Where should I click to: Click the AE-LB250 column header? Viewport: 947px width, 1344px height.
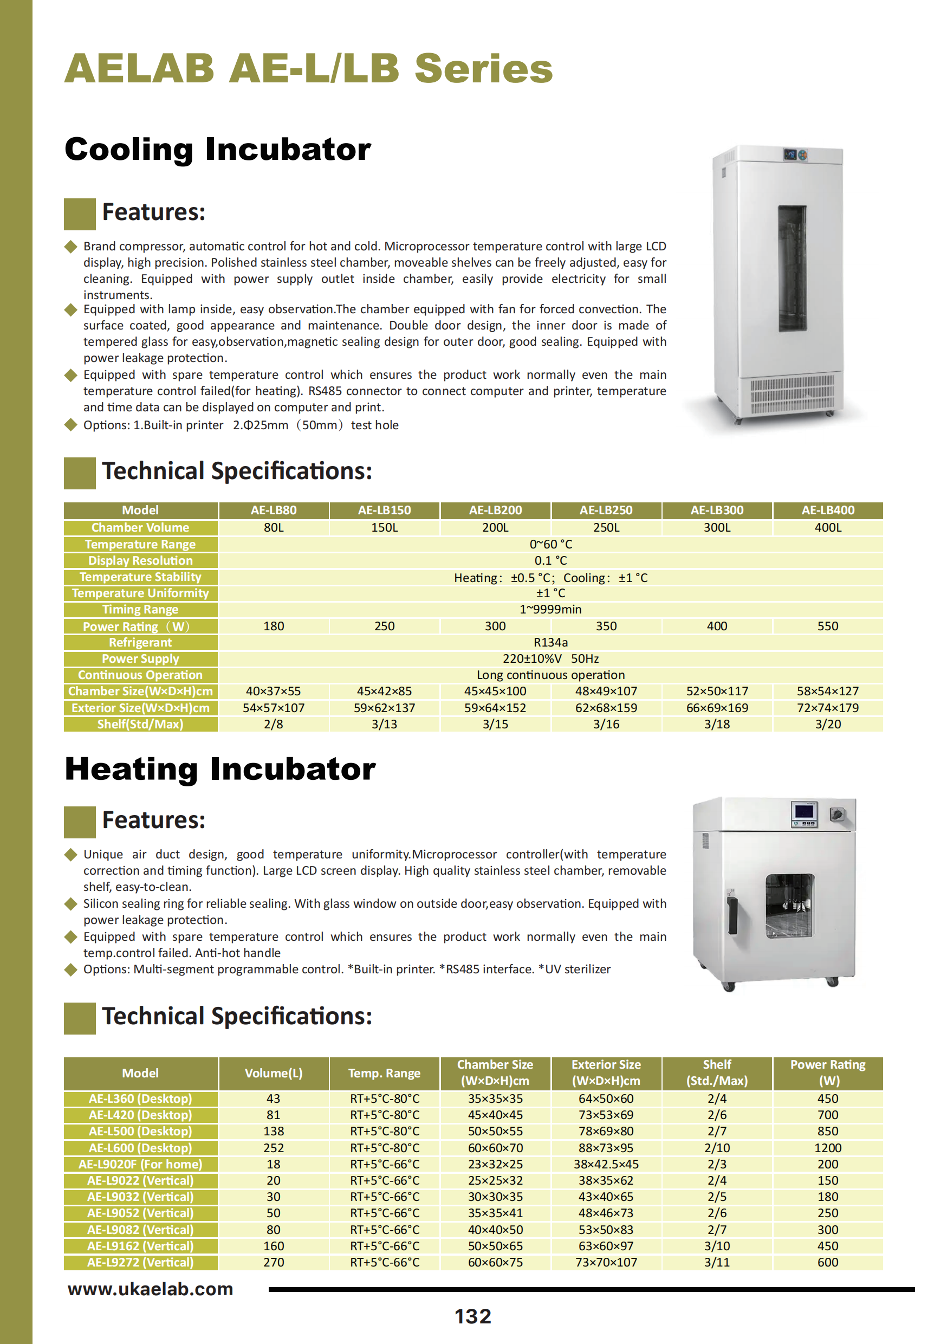tap(606, 510)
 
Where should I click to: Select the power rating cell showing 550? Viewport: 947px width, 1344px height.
tap(828, 626)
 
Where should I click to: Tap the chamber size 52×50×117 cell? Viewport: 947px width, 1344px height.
tap(717, 692)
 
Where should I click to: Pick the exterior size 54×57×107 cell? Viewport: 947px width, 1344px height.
tap(274, 708)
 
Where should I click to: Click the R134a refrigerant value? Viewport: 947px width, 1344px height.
tap(550, 642)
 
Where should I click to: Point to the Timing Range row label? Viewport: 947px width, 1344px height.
tap(140, 609)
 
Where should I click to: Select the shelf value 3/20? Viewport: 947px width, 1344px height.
tap(828, 724)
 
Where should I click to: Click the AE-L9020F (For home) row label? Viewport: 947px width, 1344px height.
tap(140, 1164)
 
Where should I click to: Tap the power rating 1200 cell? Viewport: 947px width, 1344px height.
tap(828, 1148)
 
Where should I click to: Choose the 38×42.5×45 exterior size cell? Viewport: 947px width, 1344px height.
tap(606, 1164)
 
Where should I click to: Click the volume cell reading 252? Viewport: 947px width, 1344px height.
tap(274, 1148)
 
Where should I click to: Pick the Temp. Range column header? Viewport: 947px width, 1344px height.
tap(384, 1073)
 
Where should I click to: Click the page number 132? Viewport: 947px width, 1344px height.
tap(473, 1316)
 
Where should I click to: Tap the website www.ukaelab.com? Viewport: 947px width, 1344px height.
tap(151, 1288)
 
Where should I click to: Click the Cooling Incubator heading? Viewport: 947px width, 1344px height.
tap(218, 148)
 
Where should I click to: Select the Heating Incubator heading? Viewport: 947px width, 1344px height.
tap(220, 768)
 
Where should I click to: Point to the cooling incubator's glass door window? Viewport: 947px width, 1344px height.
tap(792, 268)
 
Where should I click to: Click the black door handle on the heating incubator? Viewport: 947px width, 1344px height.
tap(732, 915)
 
